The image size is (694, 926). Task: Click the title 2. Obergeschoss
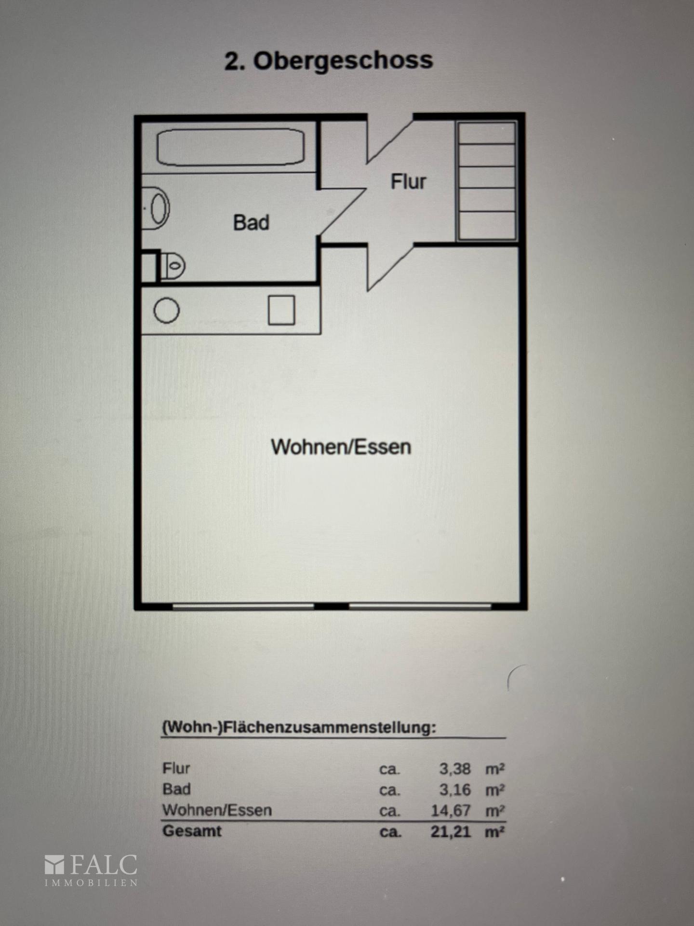click(329, 61)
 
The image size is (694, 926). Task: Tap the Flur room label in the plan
click(408, 182)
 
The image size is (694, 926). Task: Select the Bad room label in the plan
click(251, 223)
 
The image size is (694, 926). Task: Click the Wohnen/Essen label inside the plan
click(341, 447)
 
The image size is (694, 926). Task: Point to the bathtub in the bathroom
click(231, 147)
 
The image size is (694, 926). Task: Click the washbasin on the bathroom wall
click(156, 208)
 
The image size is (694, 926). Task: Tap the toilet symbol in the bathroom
click(173, 265)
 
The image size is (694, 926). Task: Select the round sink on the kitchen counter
click(167, 310)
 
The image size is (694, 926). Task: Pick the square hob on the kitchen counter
click(281, 310)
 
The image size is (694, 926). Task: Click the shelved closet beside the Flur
click(487, 180)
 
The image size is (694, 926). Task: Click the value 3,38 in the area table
click(454, 769)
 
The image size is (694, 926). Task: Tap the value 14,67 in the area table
click(451, 811)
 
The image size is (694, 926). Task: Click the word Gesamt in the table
click(192, 831)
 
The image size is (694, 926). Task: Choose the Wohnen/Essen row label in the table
click(217, 810)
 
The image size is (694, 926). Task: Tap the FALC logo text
click(104, 865)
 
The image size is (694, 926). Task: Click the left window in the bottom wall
click(243, 607)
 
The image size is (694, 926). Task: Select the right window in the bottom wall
click(420, 607)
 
